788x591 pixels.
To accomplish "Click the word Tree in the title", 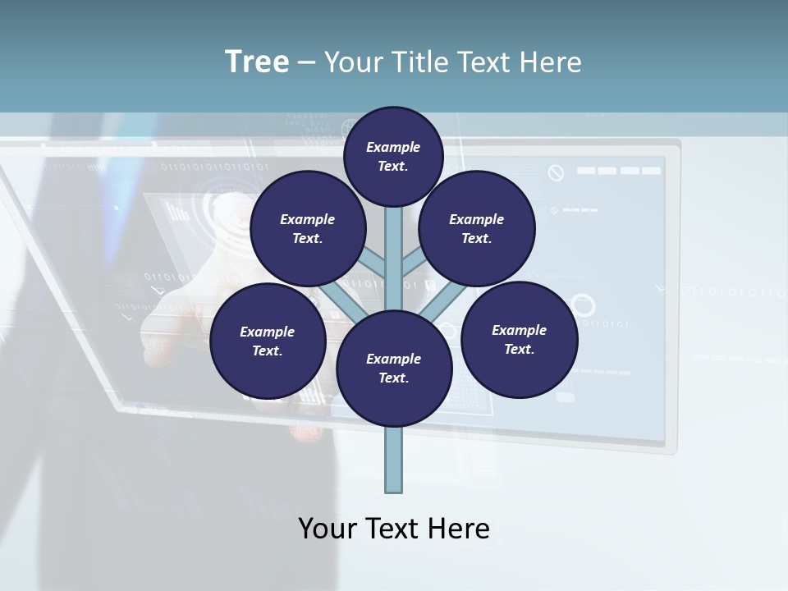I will coord(257,62).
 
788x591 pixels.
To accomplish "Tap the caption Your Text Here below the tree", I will coord(394,529).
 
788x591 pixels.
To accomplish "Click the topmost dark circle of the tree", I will coord(393,156).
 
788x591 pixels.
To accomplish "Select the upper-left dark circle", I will coord(308,228).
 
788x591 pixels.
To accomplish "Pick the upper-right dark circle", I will coord(477,228).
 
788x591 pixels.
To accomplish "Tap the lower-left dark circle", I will coord(268,341).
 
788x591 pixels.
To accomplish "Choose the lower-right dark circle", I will coord(519,339).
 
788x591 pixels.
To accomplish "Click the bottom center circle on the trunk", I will coord(394,368).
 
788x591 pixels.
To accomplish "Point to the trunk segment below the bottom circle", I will coord(394,460).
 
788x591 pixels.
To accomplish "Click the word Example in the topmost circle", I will coord(393,147).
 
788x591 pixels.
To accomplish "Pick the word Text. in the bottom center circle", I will coord(393,378).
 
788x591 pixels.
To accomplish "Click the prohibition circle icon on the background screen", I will coord(557,172).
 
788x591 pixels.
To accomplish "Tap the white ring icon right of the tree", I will coord(583,305).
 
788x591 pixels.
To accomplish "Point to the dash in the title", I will coord(306,62).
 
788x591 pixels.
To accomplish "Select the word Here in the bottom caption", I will coord(460,529).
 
